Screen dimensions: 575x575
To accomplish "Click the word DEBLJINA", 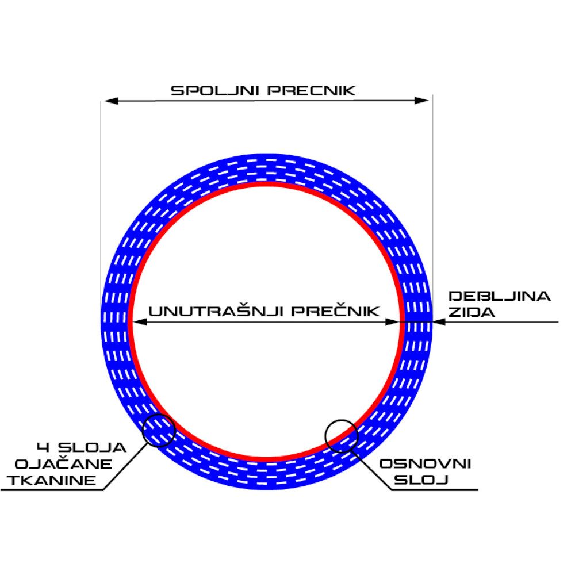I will [499, 297].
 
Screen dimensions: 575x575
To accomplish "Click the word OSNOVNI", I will [425, 463].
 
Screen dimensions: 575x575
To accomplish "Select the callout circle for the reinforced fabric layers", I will [158, 430].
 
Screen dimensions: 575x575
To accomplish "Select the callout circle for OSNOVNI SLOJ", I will [342, 436].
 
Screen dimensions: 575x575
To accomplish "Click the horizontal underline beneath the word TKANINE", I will [52, 490].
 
